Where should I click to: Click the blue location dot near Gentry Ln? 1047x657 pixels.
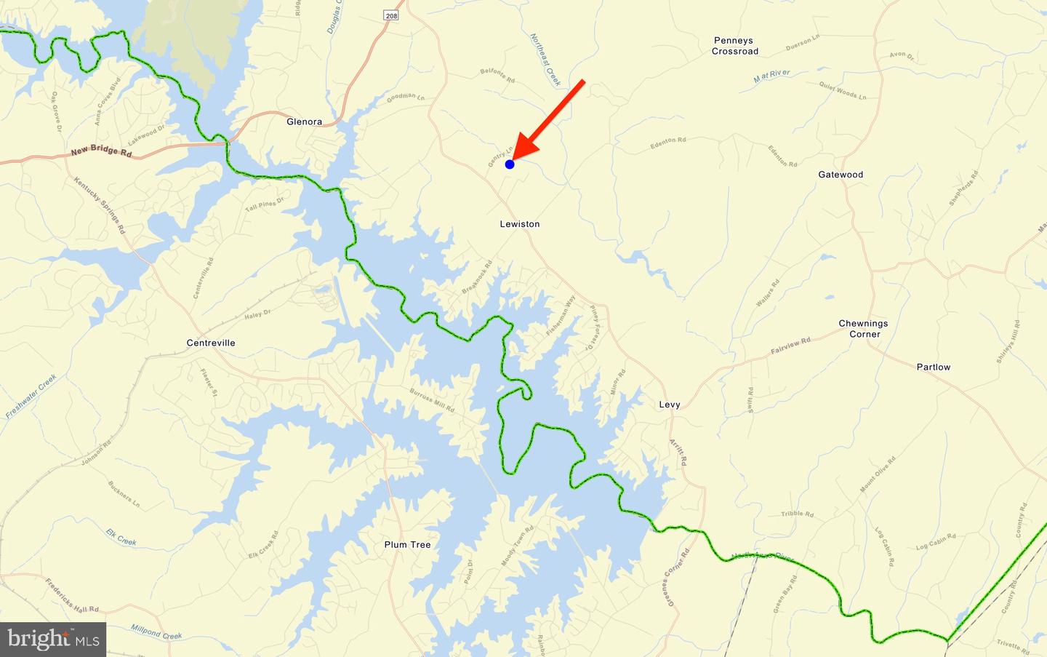(510, 164)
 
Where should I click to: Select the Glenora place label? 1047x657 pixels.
(304, 122)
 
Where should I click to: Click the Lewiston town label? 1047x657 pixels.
(520, 224)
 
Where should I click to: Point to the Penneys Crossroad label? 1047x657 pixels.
(734, 46)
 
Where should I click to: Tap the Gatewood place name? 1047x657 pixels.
(841, 175)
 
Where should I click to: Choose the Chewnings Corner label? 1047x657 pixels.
(863, 329)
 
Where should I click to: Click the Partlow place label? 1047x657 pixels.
(933, 367)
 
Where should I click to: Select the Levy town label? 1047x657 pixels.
(670, 405)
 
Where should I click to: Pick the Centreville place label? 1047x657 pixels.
(211, 343)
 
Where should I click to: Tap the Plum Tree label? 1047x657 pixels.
(408, 544)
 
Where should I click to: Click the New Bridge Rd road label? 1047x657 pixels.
(101, 154)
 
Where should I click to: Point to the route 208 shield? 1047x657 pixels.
(392, 15)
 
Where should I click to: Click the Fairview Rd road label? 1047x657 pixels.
(790, 346)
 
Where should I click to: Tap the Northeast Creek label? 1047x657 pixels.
(545, 60)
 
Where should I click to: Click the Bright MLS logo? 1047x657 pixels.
(53, 640)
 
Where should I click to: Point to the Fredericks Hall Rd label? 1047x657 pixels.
(72, 595)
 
